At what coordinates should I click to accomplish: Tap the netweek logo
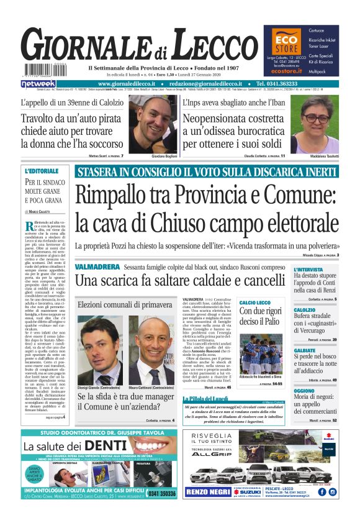[38, 83]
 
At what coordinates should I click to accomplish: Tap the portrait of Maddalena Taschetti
[316, 123]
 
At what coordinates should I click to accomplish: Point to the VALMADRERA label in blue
[97, 266]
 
